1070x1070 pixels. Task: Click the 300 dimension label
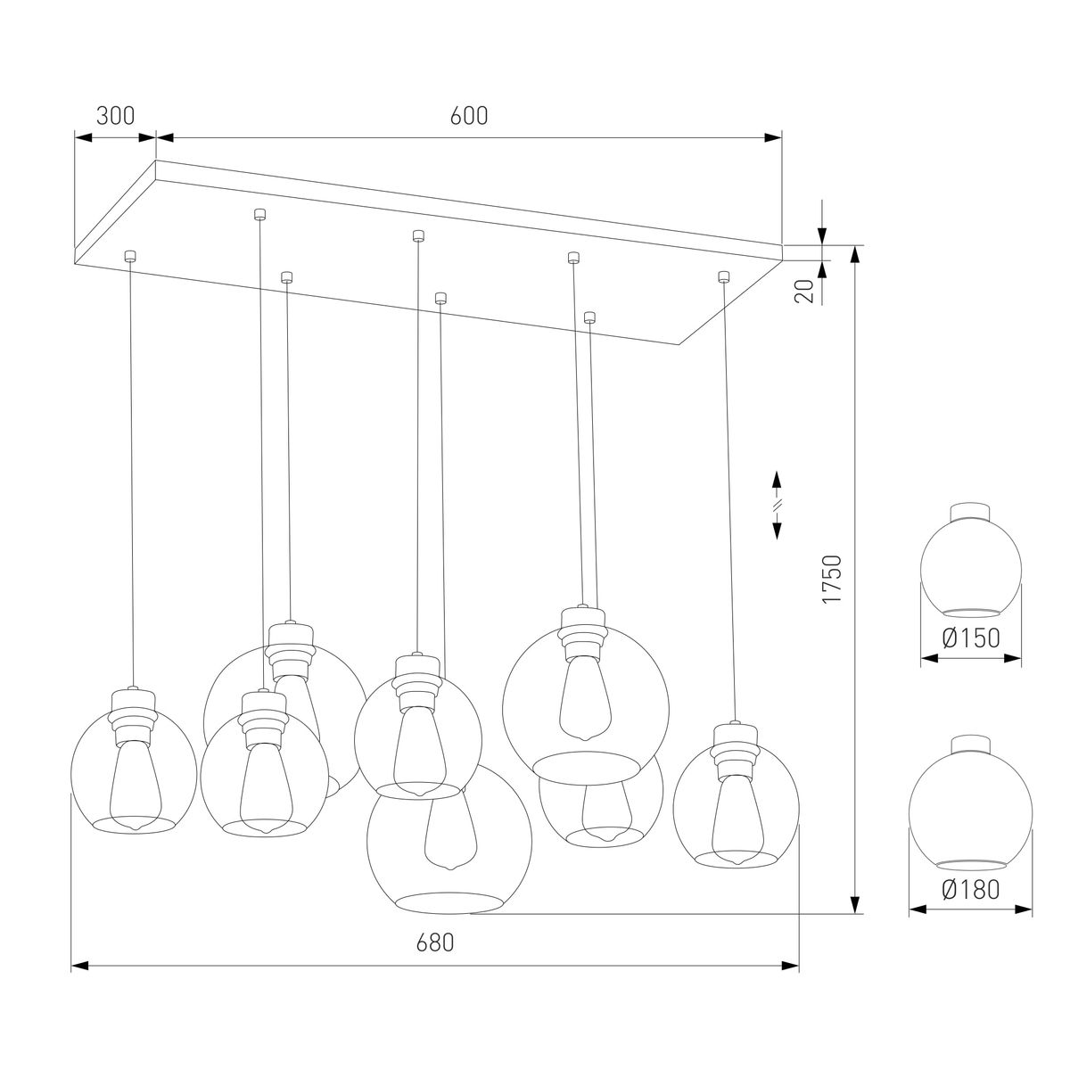[x=115, y=116]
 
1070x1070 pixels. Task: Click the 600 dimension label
[x=469, y=116]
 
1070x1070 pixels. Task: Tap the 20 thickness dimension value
[x=804, y=292]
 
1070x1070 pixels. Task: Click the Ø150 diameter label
[x=970, y=638]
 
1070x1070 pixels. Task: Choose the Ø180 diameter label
[x=970, y=889]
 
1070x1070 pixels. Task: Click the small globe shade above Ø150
[x=970, y=562]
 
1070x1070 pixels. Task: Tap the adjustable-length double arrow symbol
[x=777, y=505]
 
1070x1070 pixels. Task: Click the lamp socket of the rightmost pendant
[x=736, y=742]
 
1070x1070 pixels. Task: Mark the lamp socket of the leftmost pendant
[x=134, y=709]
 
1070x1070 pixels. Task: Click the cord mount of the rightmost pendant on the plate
[x=723, y=276]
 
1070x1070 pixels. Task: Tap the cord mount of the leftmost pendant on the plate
[x=130, y=256]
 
